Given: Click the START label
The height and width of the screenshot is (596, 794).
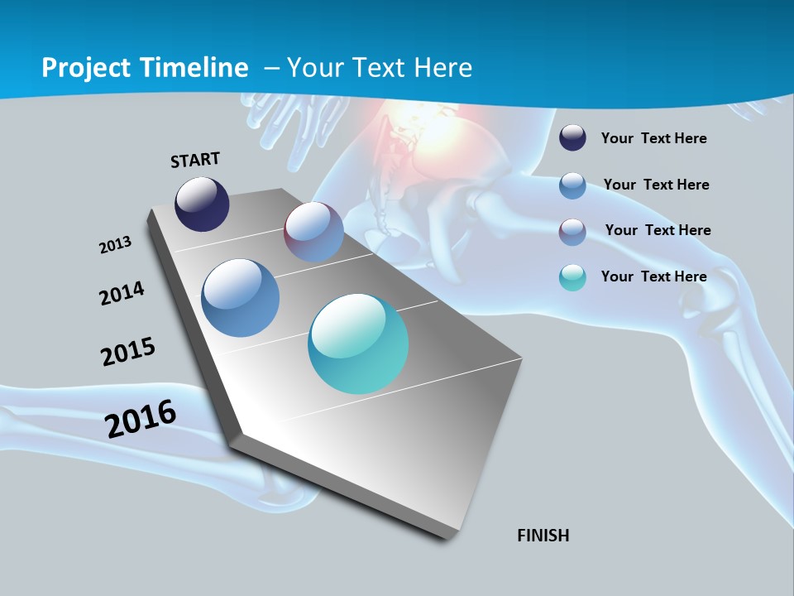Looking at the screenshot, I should coord(195,160).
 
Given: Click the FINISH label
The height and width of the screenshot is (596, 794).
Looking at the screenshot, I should coord(543,536).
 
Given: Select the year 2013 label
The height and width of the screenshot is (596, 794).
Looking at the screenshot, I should coord(115,245).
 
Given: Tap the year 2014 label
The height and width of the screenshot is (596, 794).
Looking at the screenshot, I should coord(122,293).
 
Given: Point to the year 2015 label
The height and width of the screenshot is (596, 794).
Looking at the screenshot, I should coord(128,352).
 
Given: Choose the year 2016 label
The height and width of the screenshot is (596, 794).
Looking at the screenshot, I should coord(141,419).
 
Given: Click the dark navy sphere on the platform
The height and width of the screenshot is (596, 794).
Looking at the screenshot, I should coord(202,204).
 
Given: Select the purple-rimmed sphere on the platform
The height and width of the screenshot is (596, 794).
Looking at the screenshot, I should coord(313,232).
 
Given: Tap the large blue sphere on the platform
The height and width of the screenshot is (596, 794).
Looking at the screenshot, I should coord(240,298).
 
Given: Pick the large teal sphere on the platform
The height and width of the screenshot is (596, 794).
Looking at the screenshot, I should coord(358,344).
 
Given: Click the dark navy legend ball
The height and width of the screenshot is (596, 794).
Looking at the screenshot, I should coord(572,138).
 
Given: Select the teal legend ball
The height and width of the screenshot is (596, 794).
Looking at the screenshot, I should coord(572,277).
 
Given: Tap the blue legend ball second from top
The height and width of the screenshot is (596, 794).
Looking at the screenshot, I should coord(572,185).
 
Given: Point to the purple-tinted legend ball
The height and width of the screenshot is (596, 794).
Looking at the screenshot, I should coord(572,232).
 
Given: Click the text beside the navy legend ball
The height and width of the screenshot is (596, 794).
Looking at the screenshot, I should coord(653,138).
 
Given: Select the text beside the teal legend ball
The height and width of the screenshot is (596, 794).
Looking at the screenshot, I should coord(653,276).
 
